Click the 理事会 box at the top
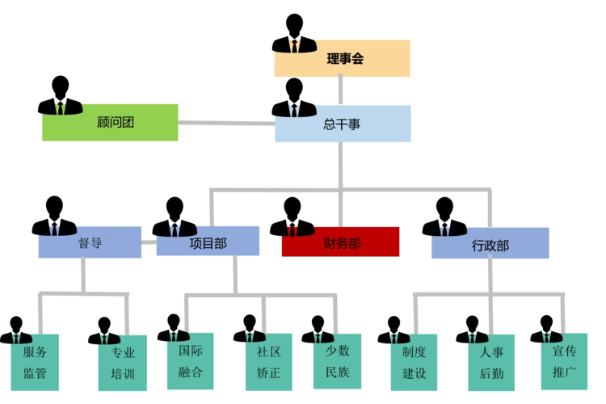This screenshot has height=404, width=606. pos(343,58)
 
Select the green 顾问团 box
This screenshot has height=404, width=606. pos(111,123)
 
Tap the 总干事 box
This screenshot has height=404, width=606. pos(343,124)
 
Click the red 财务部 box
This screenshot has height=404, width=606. pos(341,242)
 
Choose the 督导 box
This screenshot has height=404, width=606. pos(90,242)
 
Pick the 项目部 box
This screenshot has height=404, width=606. pos(208,242)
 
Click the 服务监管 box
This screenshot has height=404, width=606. pos(35,363)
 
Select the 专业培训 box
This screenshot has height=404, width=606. pos(123,364)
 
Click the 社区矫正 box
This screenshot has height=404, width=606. pos(269,363)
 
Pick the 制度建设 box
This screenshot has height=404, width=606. pos(414,363)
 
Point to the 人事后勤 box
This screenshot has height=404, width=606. pos(491,363)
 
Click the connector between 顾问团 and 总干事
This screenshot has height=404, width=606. pos(226,123)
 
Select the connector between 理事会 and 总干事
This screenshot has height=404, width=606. pos(343,90)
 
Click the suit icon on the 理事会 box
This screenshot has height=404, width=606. pos(295,46)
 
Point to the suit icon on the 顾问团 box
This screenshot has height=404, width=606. pos(61,109)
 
